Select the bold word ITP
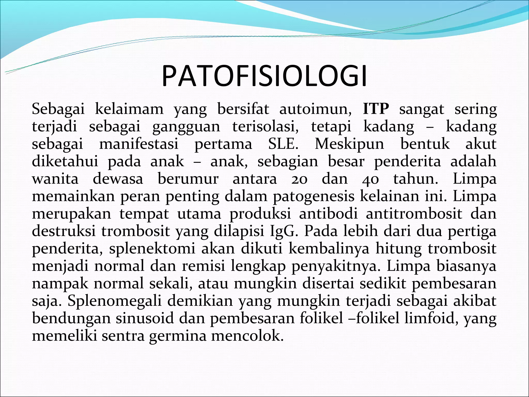click(376, 109)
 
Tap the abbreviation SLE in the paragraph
click(283, 144)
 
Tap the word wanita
click(55, 179)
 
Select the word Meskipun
click(349, 144)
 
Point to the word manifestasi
click(139, 144)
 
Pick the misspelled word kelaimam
click(129, 109)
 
